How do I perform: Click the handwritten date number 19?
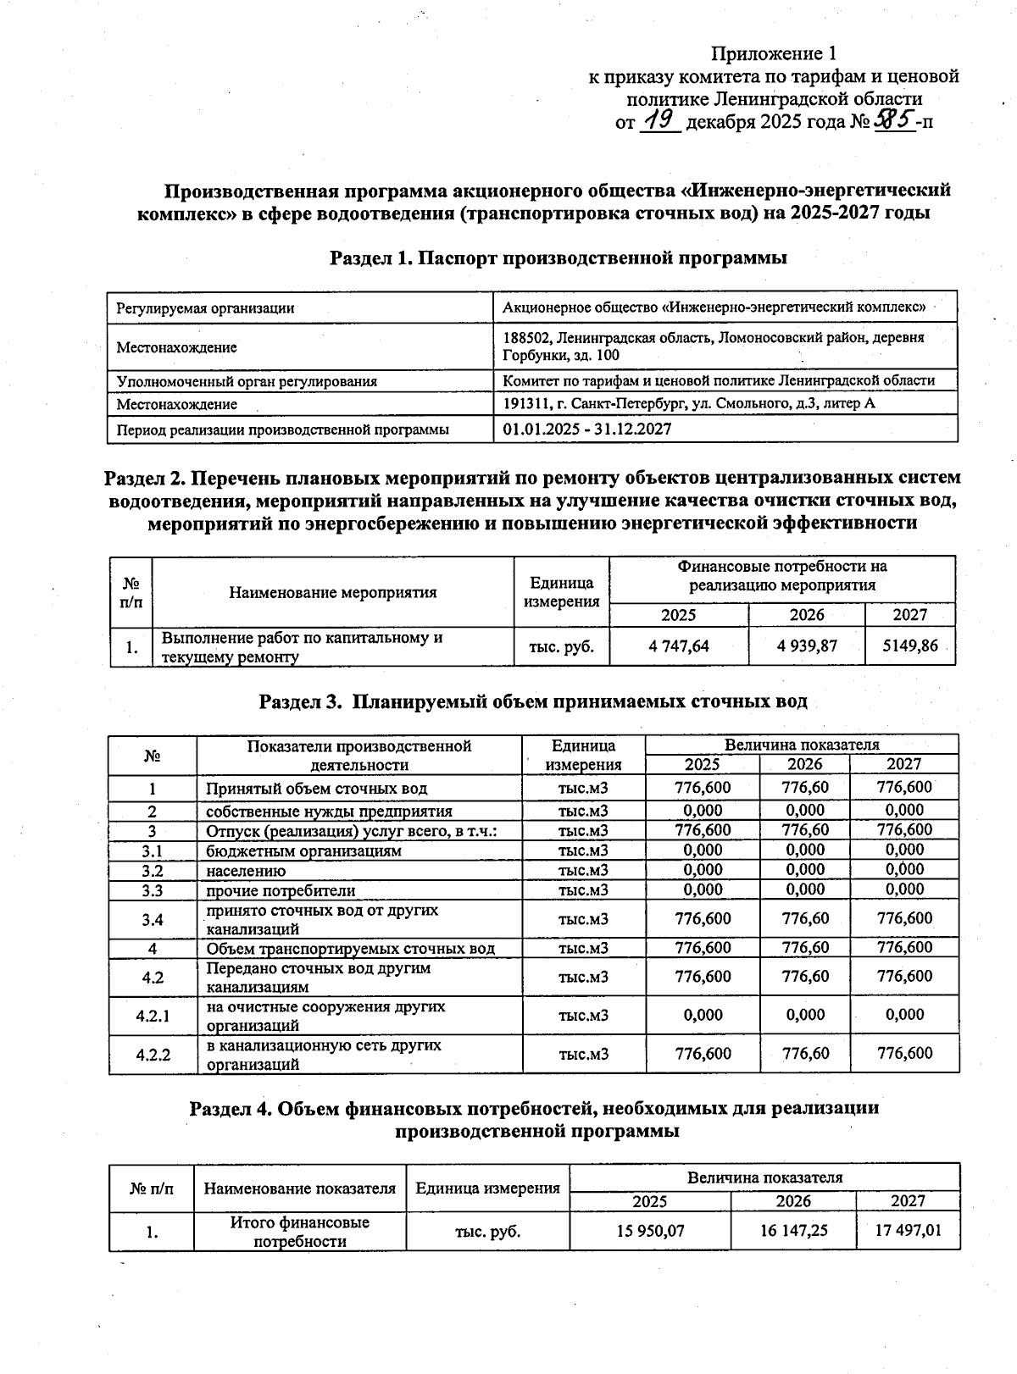(661, 120)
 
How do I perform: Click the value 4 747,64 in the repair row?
(678, 646)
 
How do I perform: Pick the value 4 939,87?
(806, 646)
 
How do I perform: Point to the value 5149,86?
(910, 646)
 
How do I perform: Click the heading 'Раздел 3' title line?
(532, 701)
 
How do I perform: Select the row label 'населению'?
(246, 871)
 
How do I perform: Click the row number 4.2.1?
(153, 1016)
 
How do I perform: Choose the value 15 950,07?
(650, 1231)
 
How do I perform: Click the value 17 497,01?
(908, 1231)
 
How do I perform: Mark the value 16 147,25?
(793, 1231)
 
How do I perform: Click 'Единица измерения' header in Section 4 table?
(487, 1188)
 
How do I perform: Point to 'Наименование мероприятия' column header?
(332, 592)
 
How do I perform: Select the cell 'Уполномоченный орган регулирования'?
(247, 381)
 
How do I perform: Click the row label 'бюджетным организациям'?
(303, 850)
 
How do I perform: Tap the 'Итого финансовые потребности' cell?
(299, 1232)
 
